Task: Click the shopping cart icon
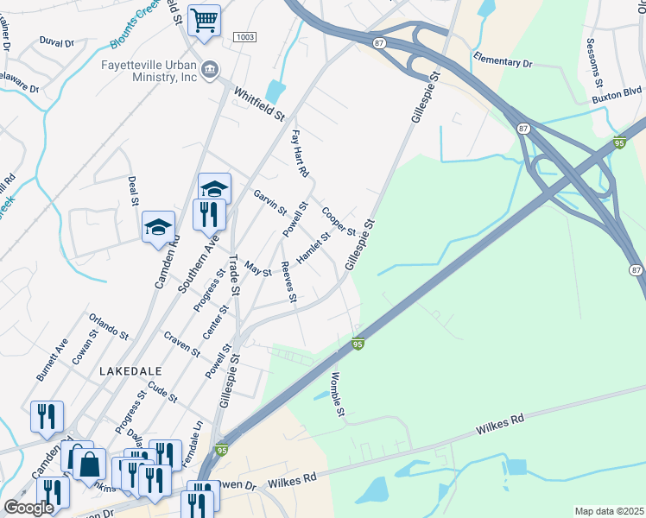204,21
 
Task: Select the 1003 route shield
244,36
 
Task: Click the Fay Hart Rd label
300,154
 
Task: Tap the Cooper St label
339,221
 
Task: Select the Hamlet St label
313,249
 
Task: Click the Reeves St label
289,284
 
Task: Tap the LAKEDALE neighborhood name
130,370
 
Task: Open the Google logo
28,508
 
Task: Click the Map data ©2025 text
609,511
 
